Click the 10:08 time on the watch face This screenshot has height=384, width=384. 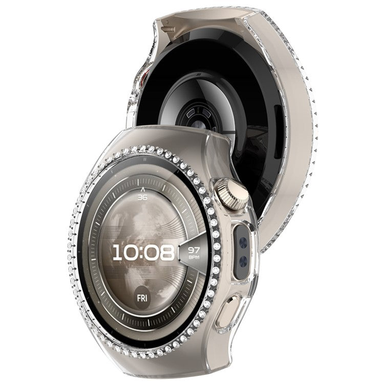click(143, 252)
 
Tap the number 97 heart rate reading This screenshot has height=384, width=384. click(194, 250)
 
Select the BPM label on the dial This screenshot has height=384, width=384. click(194, 257)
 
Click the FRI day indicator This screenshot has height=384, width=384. click(142, 298)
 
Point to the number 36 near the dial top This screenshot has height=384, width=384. click(142, 197)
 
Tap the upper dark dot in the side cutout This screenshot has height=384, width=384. click(243, 243)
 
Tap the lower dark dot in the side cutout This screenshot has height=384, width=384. click(243, 261)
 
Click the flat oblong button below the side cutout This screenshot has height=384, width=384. click(228, 310)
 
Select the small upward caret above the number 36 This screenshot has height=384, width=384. click(142, 189)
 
